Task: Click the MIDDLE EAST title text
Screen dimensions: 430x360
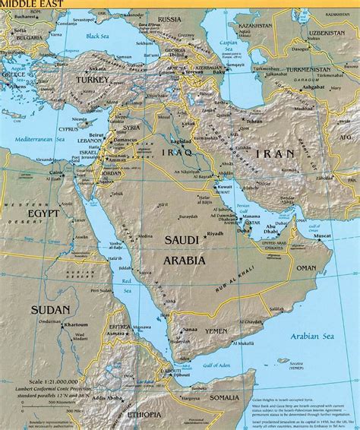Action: pos(24,5)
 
